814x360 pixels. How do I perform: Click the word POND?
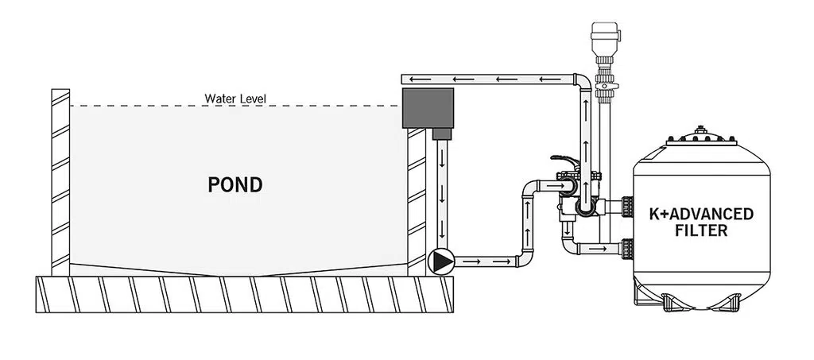[x=235, y=185]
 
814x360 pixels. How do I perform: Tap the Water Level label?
[x=235, y=99]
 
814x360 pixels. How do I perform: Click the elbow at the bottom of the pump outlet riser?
[x=525, y=257]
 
